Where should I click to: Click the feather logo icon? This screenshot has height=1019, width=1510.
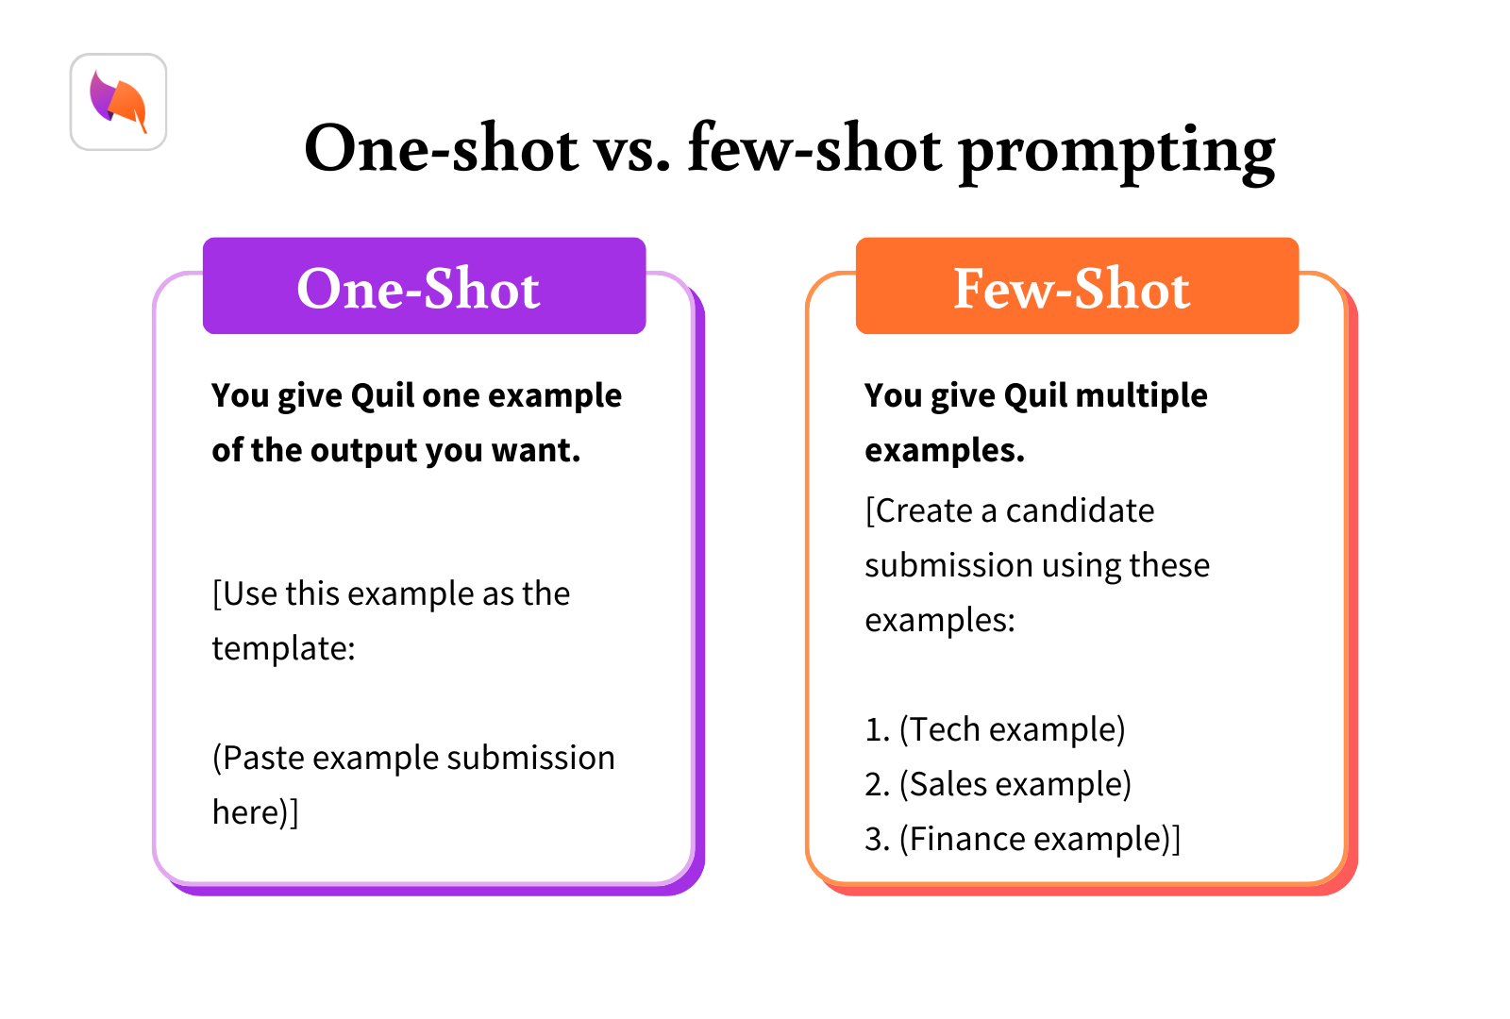pos(119,102)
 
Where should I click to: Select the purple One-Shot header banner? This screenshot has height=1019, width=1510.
pos(424,287)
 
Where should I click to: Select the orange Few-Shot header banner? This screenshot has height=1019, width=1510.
pos(1077,287)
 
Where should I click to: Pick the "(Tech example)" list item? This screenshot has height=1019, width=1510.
pos(1012,729)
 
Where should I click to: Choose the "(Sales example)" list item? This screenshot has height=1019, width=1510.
pos(1015,784)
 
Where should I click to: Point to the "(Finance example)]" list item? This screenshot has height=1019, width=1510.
pos(1039,839)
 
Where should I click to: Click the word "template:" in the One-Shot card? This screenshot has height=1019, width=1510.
pos(283,649)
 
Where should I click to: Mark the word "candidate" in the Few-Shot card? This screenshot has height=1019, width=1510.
pos(1080,510)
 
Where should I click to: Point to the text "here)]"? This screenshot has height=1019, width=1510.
pos(255,812)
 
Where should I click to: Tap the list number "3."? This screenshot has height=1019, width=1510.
pos(877,839)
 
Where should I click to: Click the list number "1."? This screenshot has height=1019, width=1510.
pos(877,729)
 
